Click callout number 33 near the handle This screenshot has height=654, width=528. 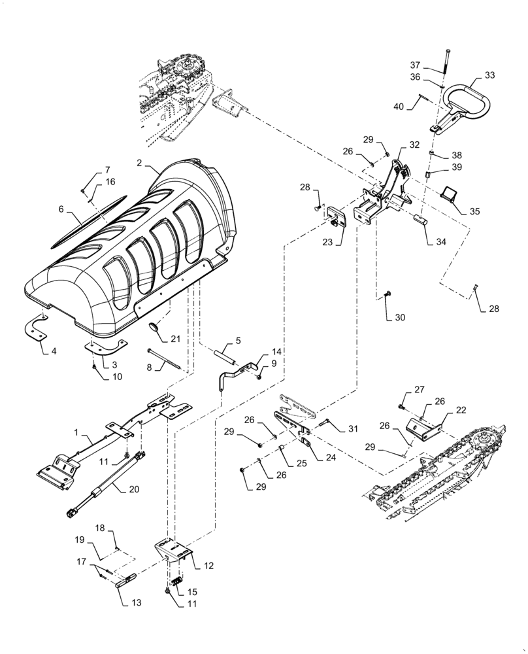[489, 76]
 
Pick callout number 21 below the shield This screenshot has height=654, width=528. [174, 338]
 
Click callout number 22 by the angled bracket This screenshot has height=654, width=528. [461, 410]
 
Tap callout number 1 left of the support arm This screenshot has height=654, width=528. [77, 432]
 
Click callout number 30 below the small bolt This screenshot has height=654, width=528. [400, 317]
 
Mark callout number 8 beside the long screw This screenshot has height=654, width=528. [150, 368]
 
